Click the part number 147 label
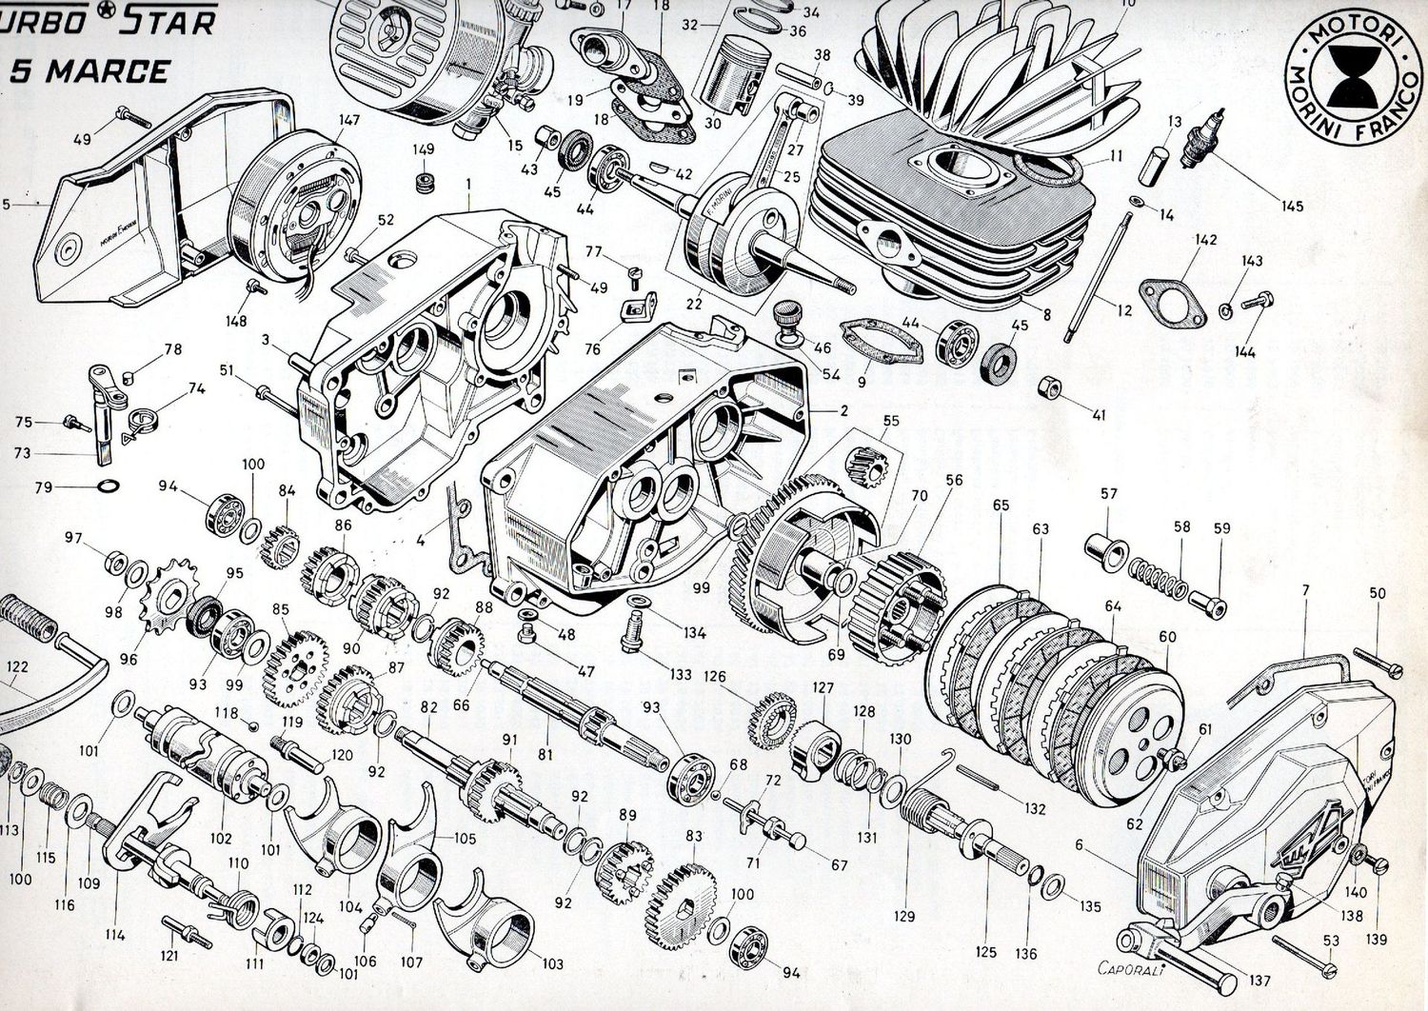click(x=348, y=121)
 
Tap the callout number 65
click(x=1001, y=506)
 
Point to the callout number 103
click(x=552, y=963)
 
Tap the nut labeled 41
click(x=1046, y=387)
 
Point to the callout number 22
click(x=693, y=304)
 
